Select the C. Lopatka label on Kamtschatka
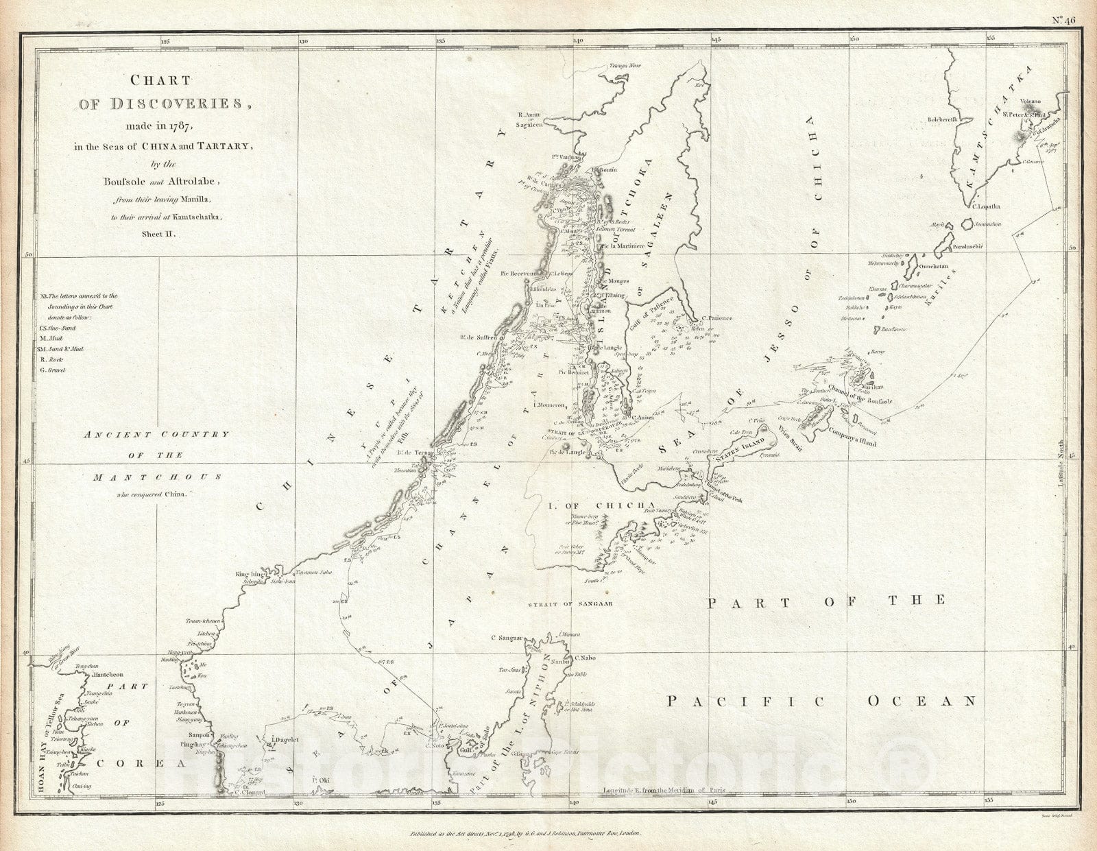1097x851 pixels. [x=987, y=205]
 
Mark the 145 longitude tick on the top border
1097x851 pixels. [x=714, y=40]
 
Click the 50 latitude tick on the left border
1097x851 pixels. [x=29, y=255]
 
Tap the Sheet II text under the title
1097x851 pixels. [x=159, y=234]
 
